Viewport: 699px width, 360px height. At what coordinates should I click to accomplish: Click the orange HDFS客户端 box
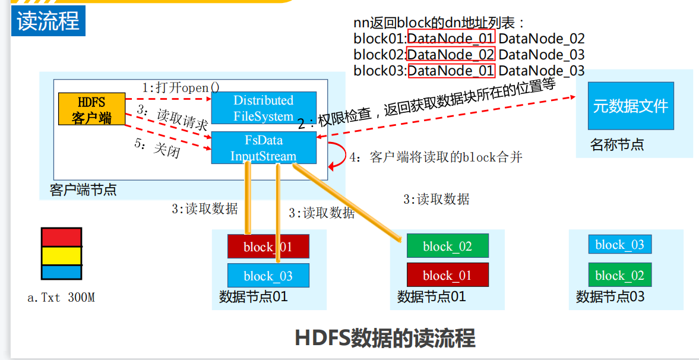point(91,109)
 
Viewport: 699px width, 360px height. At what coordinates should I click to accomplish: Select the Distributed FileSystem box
point(263,108)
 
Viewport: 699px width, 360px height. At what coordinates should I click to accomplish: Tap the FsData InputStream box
point(263,149)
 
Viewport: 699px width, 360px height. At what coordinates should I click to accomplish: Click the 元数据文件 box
point(630,106)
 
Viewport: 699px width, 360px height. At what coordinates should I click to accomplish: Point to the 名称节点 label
point(617,144)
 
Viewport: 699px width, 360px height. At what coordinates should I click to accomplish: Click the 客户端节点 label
point(83,190)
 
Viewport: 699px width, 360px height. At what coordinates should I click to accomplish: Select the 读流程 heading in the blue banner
point(48,22)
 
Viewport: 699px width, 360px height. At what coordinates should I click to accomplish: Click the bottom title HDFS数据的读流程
point(385,338)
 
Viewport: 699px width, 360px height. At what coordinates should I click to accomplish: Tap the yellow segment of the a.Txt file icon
point(61,255)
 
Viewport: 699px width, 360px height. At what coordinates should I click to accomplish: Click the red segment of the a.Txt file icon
point(61,237)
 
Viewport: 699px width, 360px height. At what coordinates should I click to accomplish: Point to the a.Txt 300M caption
point(61,298)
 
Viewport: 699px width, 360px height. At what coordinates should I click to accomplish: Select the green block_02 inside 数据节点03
point(619,275)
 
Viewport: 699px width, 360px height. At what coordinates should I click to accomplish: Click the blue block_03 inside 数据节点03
point(619,245)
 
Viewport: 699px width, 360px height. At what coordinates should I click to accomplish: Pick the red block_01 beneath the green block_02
point(447,275)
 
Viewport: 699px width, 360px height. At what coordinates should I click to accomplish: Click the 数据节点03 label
point(610,296)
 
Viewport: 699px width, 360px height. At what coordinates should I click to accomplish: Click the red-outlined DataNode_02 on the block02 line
point(451,55)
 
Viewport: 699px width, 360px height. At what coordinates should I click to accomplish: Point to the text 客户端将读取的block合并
point(445,157)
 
